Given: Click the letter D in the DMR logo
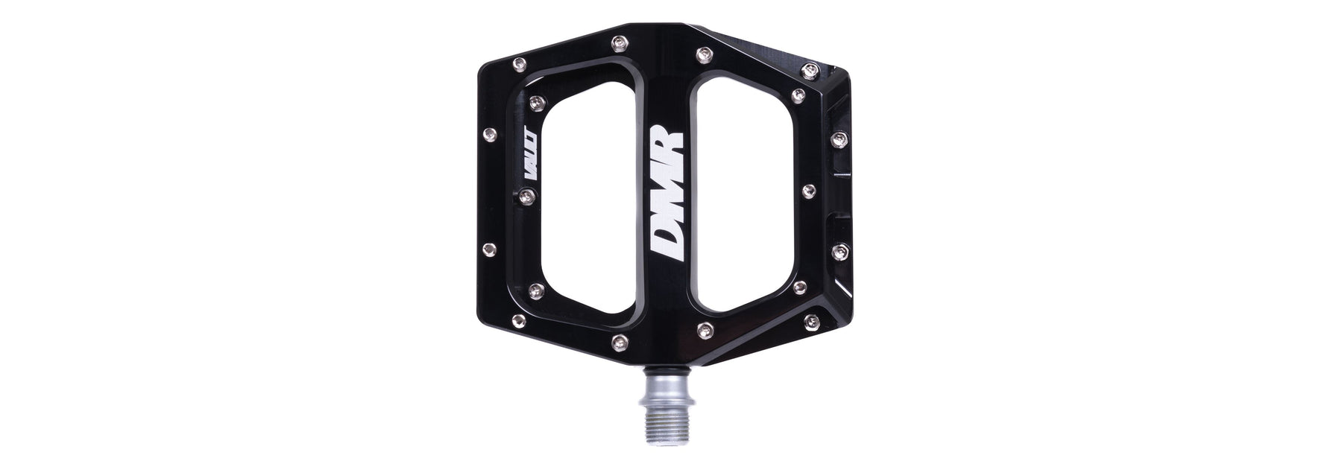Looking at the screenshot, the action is (x=667, y=267).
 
